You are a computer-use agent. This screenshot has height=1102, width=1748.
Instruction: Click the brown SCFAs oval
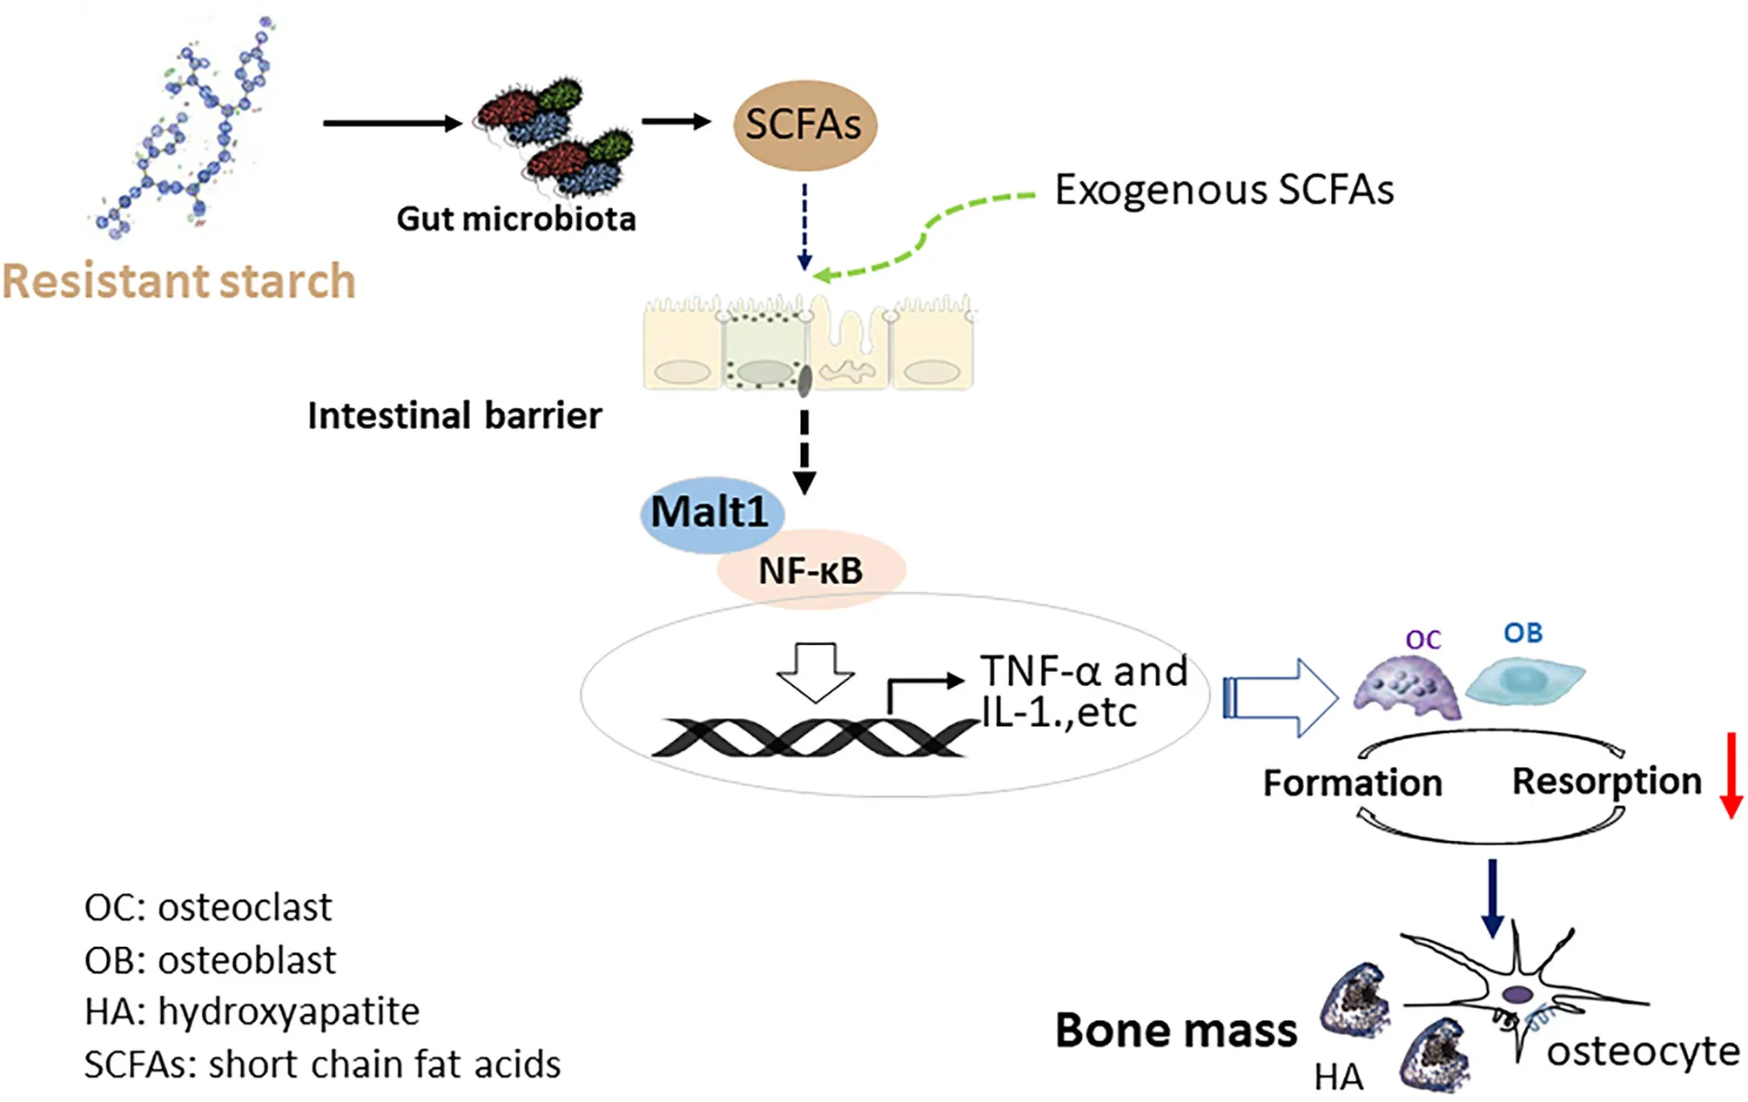coord(804,124)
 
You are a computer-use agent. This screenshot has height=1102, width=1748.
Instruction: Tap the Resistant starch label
coord(179,281)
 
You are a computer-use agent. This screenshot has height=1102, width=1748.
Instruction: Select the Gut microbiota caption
coord(516,218)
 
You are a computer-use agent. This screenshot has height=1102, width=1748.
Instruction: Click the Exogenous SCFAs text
coord(1224,190)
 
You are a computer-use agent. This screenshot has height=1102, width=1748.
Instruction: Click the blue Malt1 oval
coord(709,512)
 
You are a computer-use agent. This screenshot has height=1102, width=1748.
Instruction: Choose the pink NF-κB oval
coord(811,571)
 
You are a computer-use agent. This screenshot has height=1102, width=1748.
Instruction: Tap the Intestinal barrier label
coord(454,416)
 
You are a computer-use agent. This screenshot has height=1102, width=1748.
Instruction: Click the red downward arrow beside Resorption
coord(1731,775)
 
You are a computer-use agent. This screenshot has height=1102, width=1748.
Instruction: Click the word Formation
coord(1353,783)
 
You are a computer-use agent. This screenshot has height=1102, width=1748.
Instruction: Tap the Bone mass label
coord(1176,1031)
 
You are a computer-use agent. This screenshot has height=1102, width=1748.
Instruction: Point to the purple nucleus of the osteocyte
coord(1518,994)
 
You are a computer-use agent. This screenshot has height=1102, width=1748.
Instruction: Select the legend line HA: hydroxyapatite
coord(252,1011)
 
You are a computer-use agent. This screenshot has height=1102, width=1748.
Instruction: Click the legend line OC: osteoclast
coord(208,907)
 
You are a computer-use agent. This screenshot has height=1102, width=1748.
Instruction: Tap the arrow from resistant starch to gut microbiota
coord(392,124)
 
